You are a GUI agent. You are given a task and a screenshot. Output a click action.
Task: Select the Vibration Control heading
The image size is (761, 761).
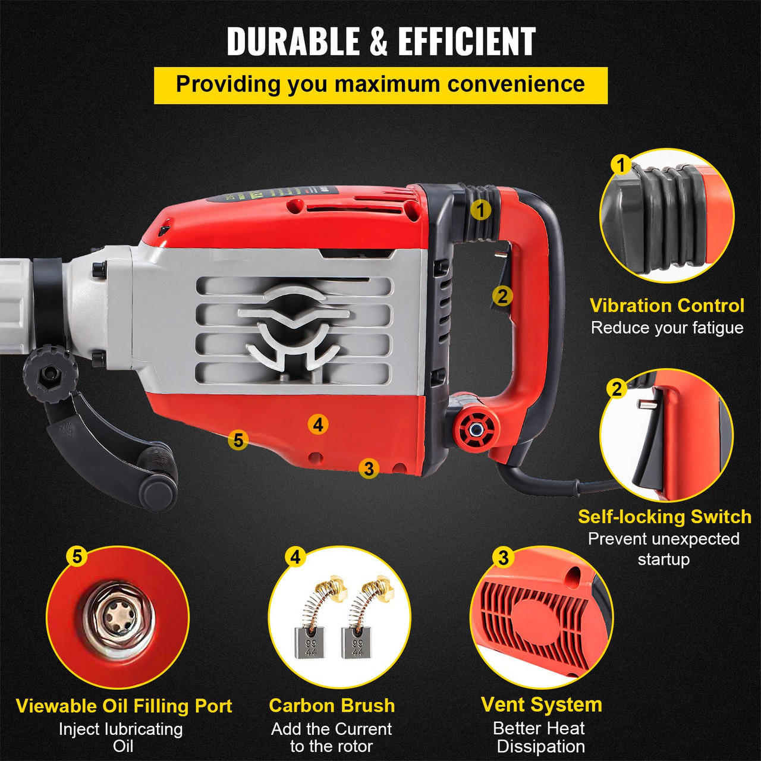(666, 306)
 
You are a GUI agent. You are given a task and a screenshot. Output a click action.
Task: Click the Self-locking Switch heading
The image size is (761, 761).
(664, 517)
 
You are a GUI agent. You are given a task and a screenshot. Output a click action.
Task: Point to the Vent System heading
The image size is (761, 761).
(541, 705)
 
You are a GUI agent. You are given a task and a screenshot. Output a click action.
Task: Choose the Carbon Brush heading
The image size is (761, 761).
(332, 705)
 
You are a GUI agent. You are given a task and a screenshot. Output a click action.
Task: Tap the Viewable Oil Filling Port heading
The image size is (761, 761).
(124, 706)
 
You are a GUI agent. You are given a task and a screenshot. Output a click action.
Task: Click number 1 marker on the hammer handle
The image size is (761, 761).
(480, 209)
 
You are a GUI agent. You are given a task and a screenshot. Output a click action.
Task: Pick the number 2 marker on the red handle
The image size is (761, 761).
(502, 295)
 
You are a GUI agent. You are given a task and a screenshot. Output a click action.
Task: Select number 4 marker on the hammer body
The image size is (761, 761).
(318, 424)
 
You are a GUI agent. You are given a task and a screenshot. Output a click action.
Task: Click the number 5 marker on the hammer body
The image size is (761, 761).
(238, 440)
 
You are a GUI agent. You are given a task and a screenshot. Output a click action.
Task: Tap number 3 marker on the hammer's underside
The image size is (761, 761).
(369, 468)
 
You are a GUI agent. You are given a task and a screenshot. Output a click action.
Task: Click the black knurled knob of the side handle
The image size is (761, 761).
(50, 373)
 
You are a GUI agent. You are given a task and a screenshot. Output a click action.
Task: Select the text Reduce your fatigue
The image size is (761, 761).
(666, 328)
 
